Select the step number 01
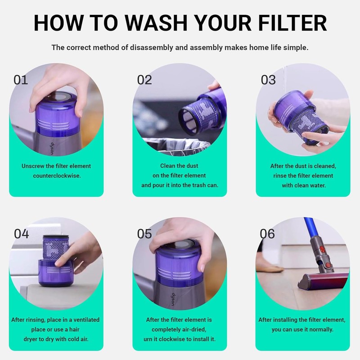click(21, 80)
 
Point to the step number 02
click(144, 80)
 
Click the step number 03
click(268, 80)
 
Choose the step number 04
click(21, 234)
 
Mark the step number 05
click(144, 234)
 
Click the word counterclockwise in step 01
click(57, 175)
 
